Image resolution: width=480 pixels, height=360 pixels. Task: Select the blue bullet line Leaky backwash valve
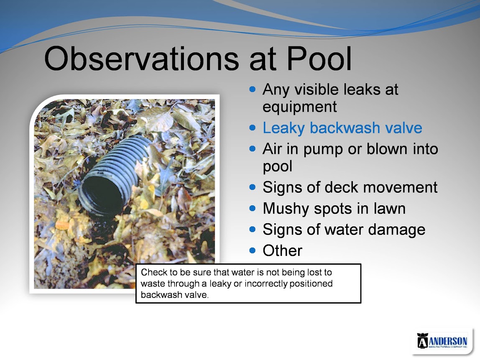coord(342,128)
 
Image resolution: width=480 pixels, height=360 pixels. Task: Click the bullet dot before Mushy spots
coord(252,208)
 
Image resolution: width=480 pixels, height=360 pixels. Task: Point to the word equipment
coord(300,107)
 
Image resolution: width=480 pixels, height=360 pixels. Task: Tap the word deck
coord(341,187)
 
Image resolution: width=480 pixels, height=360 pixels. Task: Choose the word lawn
coord(389,209)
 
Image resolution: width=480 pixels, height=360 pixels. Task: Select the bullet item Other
coord(282,251)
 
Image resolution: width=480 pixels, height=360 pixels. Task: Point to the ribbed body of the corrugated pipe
coord(125,165)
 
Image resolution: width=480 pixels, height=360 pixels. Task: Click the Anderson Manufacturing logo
coord(442,340)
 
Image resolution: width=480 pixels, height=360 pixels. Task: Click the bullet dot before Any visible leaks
coord(252,89)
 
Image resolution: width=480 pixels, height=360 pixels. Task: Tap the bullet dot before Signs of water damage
coord(252,229)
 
